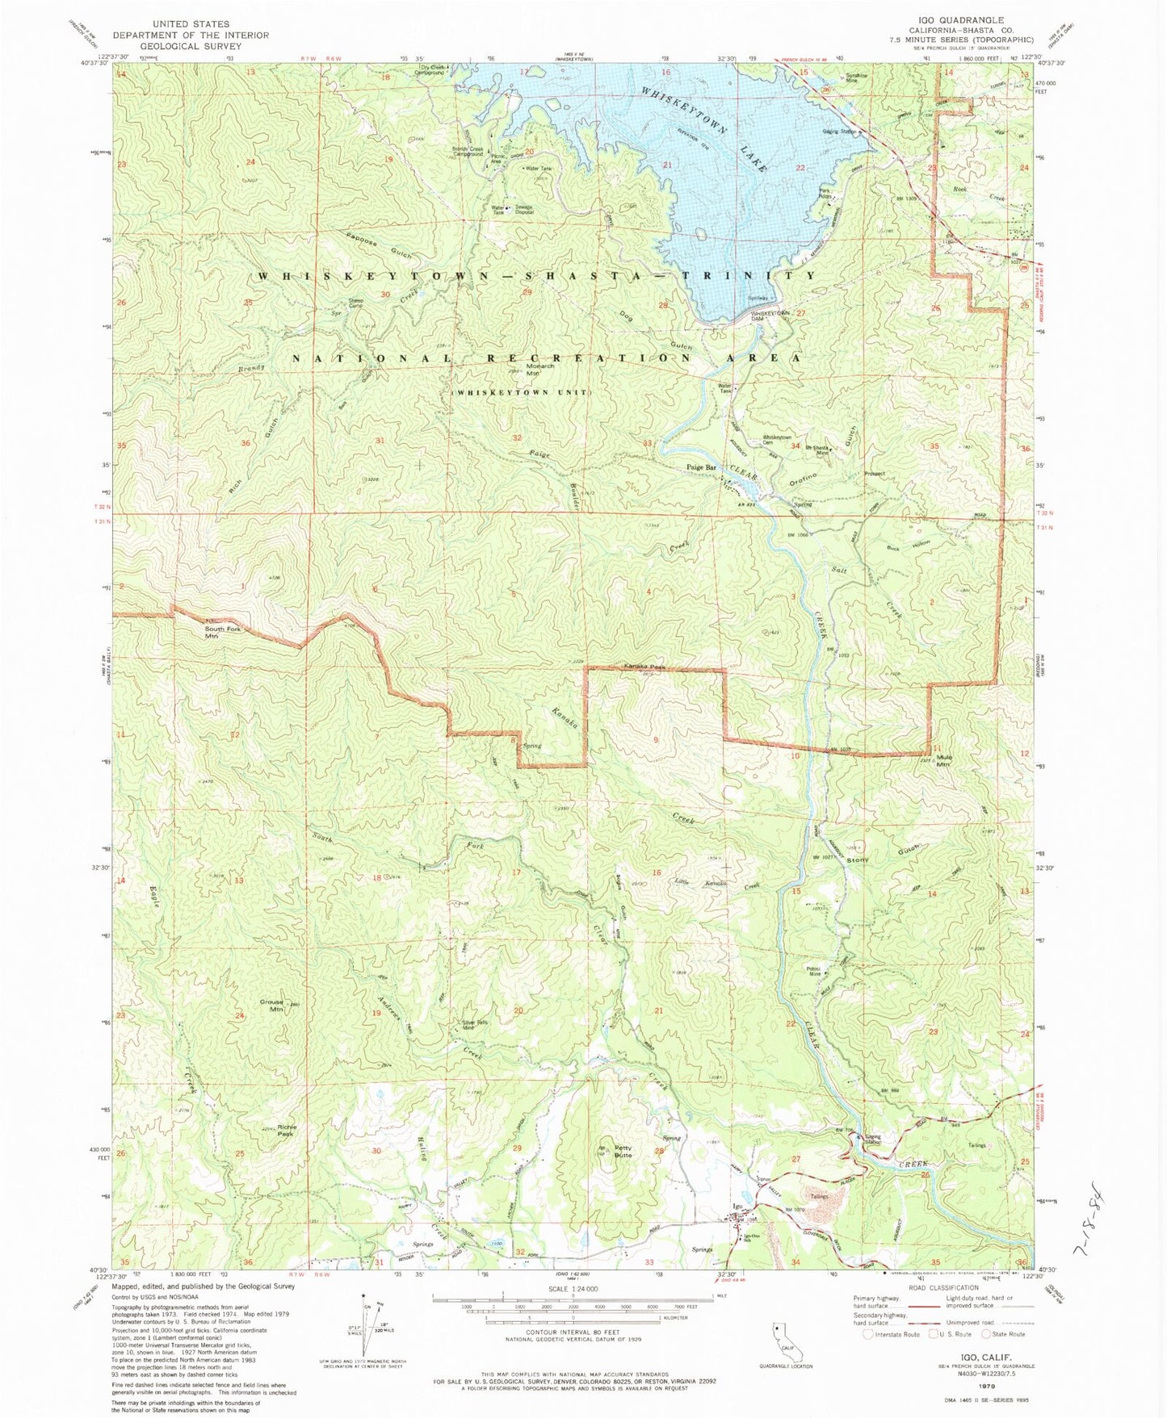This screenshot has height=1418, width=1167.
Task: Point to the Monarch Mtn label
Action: tap(539, 370)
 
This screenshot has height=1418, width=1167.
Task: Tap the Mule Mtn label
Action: tap(943, 760)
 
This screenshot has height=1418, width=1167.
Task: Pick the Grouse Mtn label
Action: tap(271, 1006)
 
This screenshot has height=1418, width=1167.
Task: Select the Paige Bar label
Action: tap(701, 467)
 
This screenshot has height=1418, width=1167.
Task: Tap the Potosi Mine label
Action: tap(813, 971)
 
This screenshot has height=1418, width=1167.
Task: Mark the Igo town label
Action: tap(737, 1206)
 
